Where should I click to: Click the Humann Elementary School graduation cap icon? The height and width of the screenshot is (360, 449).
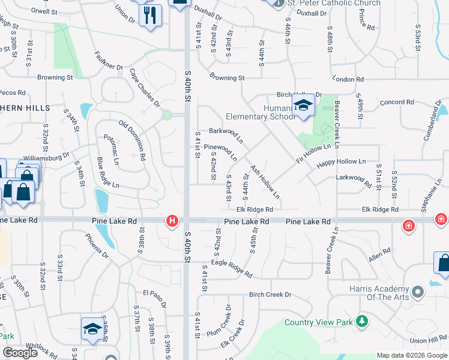(x=304, y=106)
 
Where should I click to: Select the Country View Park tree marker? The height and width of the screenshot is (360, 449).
(x=361, y=322)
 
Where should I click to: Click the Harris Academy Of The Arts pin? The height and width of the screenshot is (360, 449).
(x=418, y=292)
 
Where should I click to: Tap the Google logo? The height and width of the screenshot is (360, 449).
(x=20, y=353)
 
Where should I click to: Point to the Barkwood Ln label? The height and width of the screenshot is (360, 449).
(x=226, y=134)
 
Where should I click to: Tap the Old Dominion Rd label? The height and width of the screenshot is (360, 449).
(x=133, y=139)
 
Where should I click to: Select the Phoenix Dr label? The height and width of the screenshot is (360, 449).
(x=97, y=246)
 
